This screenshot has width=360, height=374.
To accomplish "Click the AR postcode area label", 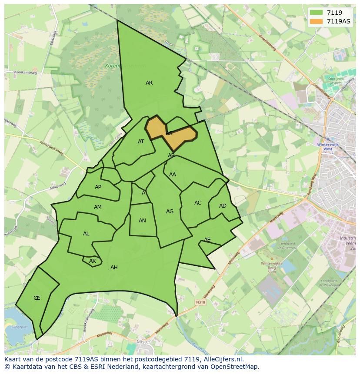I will (x=149, y=83).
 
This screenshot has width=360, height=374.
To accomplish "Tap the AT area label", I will (x=141, y=142).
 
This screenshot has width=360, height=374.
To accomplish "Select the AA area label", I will (x=173, y=175).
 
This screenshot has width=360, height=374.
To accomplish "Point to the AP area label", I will (x=98, y=187).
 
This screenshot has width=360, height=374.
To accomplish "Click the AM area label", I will (x=98, y=207).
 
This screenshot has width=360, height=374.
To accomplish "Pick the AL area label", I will (x=86, y=234).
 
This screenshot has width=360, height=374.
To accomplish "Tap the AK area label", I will (x=92, y=261).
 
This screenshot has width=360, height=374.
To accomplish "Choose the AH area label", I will (x=114, y=268).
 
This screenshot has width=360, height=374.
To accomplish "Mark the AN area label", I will (x=142, y=221).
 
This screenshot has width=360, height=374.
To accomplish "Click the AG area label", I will (x=170, y=212).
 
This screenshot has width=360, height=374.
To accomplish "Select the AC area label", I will (x=198, y=203).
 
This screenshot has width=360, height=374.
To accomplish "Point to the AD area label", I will (x=223, y=206).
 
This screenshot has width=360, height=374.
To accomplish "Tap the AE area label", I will (x=207, y=240).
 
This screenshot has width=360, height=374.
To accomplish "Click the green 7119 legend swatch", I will (x=317, y=13).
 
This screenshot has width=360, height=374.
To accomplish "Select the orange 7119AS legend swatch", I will (x=317, y=21).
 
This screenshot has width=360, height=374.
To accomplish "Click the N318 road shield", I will (x=200, y=302).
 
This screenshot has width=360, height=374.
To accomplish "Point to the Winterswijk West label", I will (x=325, y=146).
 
